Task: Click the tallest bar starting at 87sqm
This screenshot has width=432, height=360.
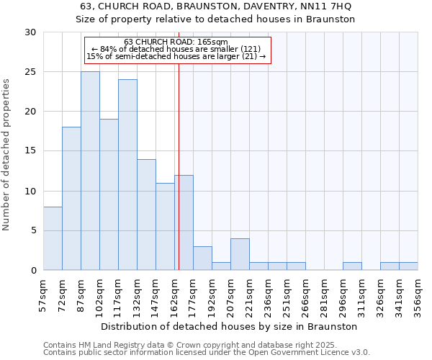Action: (x=90, y=171)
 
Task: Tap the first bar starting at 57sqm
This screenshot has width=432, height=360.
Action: (x=53, y=238)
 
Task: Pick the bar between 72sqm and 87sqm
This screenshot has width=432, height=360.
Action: (x=71, y=198)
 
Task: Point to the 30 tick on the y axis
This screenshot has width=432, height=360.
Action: (x=30, y=32)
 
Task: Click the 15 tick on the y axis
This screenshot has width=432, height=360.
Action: (x=30, y=151)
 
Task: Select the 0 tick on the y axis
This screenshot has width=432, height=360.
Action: (x=33, y=270)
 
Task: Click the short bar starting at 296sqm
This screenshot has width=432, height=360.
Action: (x=352, y=266)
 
